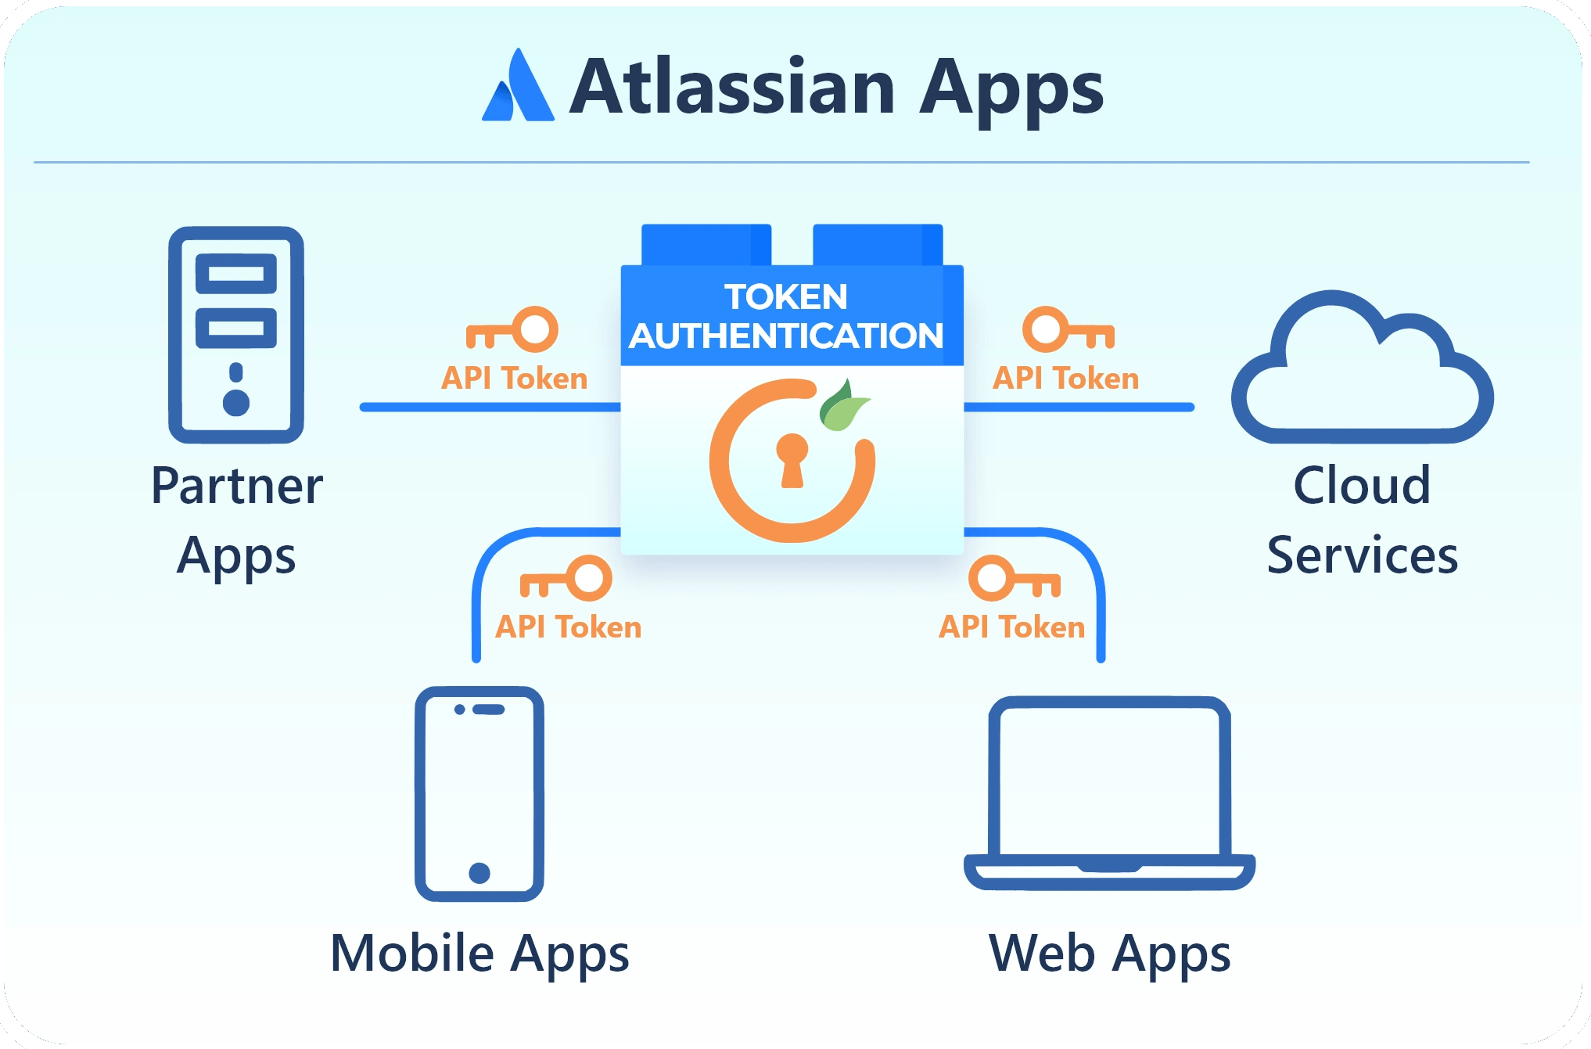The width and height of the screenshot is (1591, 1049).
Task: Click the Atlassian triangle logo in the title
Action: coord(519,88)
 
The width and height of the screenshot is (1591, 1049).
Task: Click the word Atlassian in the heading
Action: coord(732,87)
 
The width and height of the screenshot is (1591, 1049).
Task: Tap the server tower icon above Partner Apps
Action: coord(236,334)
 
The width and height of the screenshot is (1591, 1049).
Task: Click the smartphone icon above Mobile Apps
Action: coord(479,793)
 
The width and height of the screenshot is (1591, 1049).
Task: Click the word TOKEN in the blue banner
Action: coord(786,297)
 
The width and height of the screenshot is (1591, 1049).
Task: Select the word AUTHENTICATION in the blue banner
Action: coord(786,336)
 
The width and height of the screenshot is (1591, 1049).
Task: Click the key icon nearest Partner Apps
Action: coord(513,329)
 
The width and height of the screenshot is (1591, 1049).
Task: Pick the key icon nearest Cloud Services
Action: coord(1068,329)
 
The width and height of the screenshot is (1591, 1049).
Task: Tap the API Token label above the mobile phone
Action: coord(569,627)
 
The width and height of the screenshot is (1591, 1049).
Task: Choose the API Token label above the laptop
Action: coord(1012,627)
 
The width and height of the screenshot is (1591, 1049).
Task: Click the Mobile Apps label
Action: coord(479,954)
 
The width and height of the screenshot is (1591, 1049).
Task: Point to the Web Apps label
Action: coord(1109,954)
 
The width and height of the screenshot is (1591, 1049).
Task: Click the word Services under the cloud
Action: coord(1362,555)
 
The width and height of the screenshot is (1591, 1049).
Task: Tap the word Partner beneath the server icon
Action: coord(237,486)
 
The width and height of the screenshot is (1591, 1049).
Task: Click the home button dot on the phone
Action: coord(479,872)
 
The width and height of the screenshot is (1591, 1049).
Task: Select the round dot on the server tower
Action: coord(236,403)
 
